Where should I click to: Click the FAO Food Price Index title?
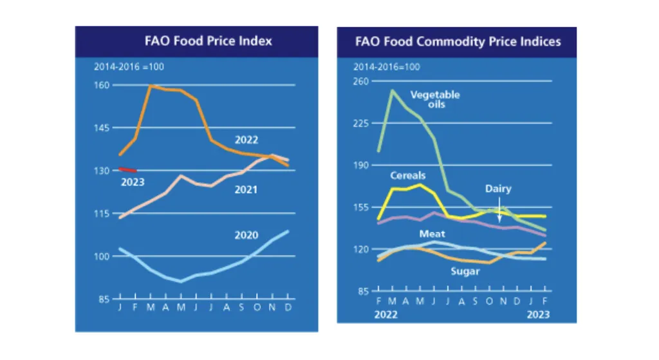pos(208,41)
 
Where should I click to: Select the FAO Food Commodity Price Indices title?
pos(458,42)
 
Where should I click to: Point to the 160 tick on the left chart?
pos(103,85)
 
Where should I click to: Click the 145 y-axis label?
pos(103,128)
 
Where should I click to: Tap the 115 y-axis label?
pos(103,213)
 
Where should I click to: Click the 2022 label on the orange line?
pos(246,140)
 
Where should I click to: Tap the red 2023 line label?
pos(133,182)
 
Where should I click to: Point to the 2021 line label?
pos(245,189)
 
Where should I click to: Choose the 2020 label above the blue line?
pos(246,236)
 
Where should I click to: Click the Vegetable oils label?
pos(435,99)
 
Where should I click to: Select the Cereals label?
pos(407,175)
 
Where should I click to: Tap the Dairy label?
pos(498,189)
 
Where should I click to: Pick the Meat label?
pos(432,234)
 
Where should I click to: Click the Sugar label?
pos(465,271)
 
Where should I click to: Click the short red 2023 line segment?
pos(127,169)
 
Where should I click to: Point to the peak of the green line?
pos(393,90)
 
